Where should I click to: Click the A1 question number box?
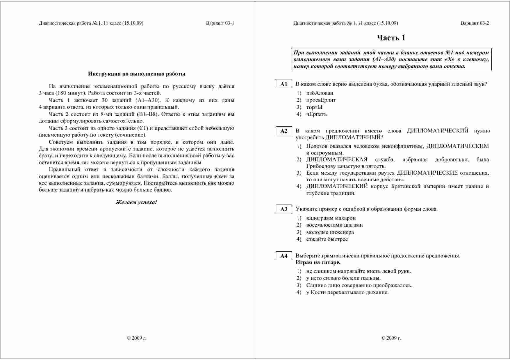(x=283, y=84)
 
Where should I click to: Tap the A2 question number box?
(x=283, y=131)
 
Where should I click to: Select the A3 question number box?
(x=283, y=209)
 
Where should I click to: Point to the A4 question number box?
(x=283, y=256)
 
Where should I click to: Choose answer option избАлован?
(x=320, y=93)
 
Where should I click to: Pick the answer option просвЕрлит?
(x=321, y=100)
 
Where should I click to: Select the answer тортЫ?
(x=314, y=107)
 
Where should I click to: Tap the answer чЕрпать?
(x=316, y=114)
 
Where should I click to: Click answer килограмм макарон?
(x=331, y=218)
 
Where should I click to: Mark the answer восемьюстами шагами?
(x=334, y=225)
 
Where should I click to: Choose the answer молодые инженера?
(x=330, y=232)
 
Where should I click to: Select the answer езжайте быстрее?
(x=327, y=239)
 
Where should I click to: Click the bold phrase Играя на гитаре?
(x=318, y=263)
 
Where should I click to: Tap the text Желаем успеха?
(x=136, y=202)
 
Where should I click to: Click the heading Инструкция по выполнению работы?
(x=136, y=74)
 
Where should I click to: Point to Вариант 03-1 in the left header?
(x=220, y=23)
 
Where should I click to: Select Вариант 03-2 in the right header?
(x=475, y=23)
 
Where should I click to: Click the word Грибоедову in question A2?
(x=320, y=166)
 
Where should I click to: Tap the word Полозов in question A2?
(x=317, y=146)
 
